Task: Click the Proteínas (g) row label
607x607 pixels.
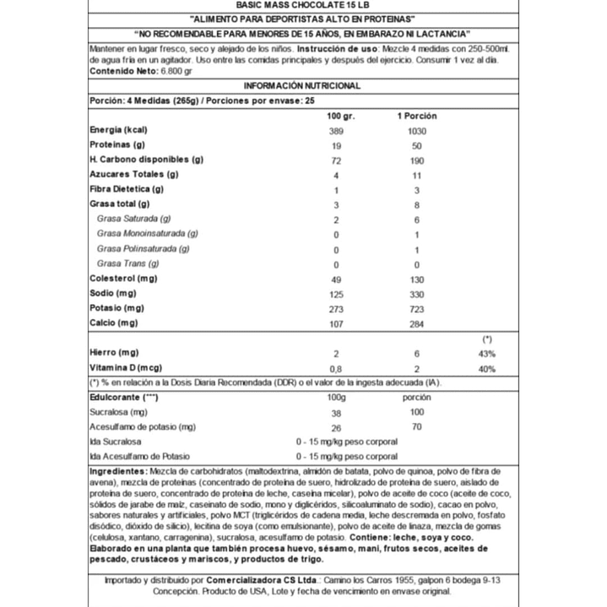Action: pos(117,144)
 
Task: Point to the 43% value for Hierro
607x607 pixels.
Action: pos(487,353)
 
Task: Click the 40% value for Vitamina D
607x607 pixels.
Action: pos(487,368)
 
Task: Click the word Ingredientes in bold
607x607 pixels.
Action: pos(119,470)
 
